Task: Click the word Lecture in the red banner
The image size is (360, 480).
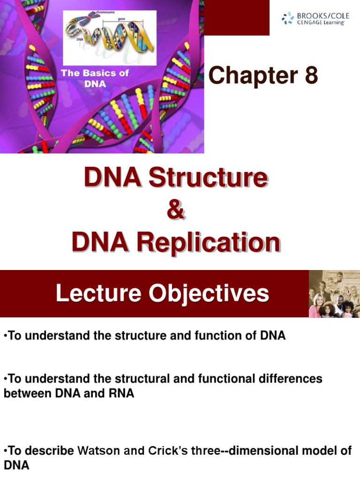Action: tap(98, 293)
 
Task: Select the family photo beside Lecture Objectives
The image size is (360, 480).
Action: tap(334, 294)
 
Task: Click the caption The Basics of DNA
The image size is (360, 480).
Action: tap(95, 79)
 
